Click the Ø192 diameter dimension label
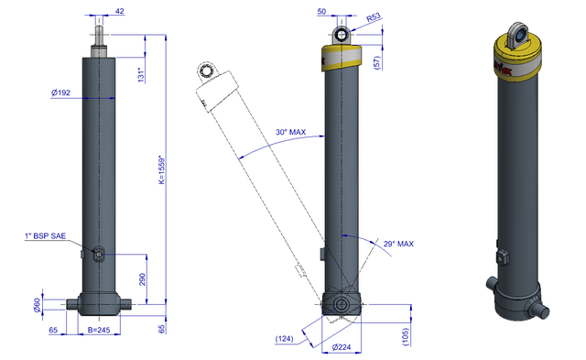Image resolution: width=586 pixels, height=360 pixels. click(x=60, y=93)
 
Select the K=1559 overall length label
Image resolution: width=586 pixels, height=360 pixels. click(x=162, y=169)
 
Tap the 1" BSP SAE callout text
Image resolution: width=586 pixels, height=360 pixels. click(x=45, y=236)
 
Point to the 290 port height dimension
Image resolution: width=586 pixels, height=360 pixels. click(x=143, y=279)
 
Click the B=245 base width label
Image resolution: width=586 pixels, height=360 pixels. click(x=99, y=330)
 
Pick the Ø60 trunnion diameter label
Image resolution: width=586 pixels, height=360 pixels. click(x=37, y=304)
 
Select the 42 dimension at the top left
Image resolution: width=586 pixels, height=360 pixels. click(x=120, y=11)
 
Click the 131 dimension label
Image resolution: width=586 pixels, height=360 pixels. click(x=141, y=75)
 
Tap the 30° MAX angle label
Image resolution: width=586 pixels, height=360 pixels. click(x=291, y=132)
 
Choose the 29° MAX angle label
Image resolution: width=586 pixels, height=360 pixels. click(x=398, y=244)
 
